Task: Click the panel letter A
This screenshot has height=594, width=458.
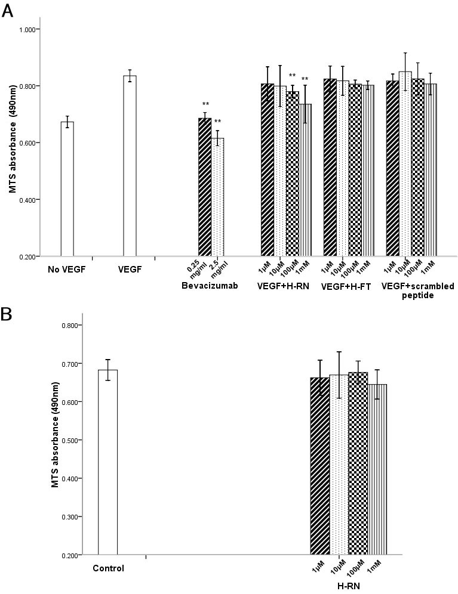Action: tap(8, 10)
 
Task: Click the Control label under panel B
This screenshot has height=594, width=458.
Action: tap(108, 568)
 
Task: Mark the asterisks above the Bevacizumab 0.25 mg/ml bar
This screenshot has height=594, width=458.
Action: tap(205, 104)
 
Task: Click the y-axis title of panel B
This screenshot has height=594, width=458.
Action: tap(56, 440)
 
